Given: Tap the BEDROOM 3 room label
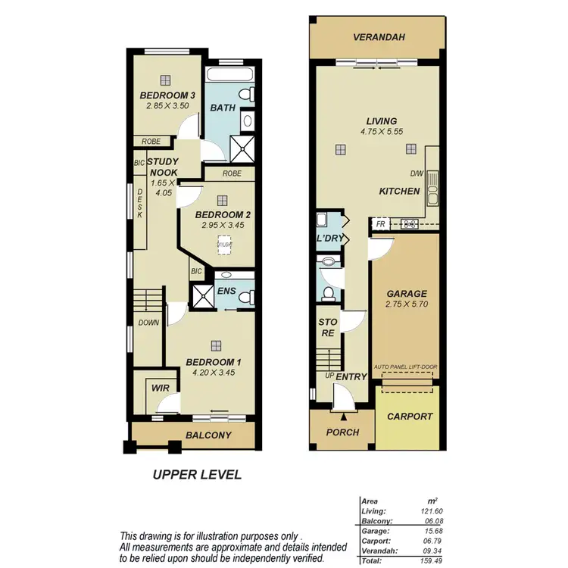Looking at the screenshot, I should pos(168,95).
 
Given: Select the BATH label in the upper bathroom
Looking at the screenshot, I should pos(223,108).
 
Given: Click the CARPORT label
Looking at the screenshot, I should pos(410,417).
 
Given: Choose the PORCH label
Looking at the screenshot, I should pos(342,432).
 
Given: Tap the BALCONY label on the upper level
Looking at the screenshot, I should pos(208,435).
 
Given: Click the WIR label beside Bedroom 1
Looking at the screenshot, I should pos(161,388).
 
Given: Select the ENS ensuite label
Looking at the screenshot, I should pos(226,291).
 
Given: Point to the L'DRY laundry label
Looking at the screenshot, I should pos(330,239).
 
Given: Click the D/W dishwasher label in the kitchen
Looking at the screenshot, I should pos(417,173).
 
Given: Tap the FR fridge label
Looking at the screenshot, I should pos(381,225).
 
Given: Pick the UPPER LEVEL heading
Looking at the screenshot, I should pos(197,475).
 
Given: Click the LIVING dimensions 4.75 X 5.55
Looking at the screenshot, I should pos(381,131).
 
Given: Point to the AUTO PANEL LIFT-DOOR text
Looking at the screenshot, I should pos(405,367).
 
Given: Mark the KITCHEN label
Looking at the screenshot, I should pos(399,192).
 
